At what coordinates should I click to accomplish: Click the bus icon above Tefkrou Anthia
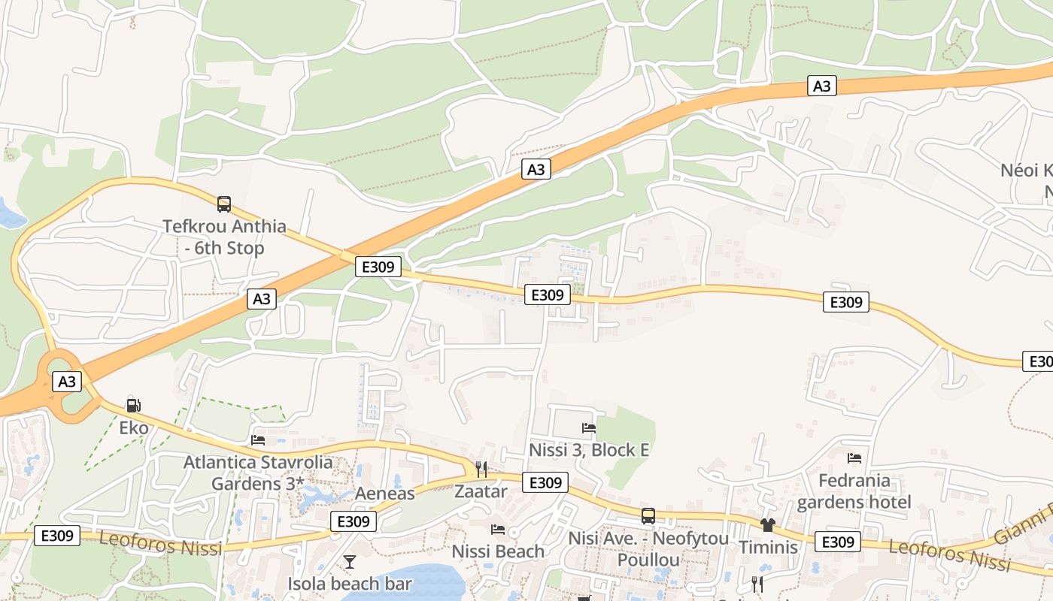click(224, 204)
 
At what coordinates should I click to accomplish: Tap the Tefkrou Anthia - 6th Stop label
click(225, 237)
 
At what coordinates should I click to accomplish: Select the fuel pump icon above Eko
click(134, 406)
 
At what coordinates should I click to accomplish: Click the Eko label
click(134, 428)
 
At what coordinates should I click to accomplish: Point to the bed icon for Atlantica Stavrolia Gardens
click(258, 439)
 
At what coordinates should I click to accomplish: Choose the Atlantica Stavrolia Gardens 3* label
click(258, 473)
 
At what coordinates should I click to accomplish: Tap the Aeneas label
click(385, 494)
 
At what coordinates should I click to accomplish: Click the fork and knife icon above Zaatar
click(481, 470)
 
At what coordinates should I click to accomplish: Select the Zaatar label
click(481, 491)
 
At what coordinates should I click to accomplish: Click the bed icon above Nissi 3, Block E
click(589, 428)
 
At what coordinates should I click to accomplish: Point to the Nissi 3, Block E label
click(589, 450)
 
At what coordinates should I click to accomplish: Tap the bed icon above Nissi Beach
click(498, 530)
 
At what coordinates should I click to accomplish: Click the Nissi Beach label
click(498, 551)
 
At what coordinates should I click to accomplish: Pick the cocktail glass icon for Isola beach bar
click(350, 561)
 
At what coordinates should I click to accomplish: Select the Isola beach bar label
click(350, 584)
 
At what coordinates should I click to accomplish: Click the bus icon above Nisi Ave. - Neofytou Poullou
click(648, 516)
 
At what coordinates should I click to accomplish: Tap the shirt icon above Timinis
click(768, 525)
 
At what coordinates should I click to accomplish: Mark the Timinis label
click(768, 547)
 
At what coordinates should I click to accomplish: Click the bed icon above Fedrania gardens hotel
click(854, 458)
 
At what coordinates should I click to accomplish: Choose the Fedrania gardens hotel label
click(854, 491)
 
